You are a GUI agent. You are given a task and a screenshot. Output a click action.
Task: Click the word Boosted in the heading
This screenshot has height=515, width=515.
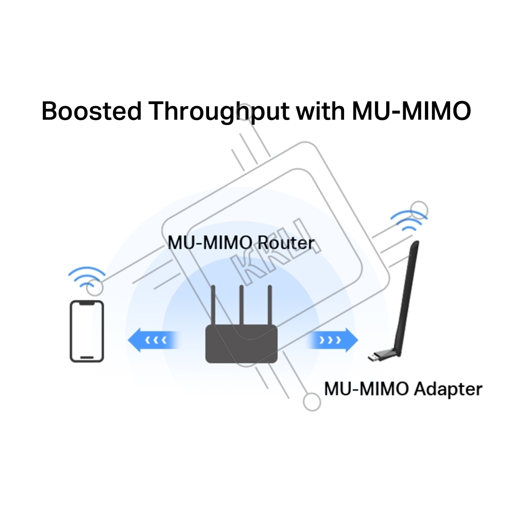tap(92, 111)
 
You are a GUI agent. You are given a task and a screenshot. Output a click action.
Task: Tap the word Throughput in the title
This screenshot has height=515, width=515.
tap(219, 112)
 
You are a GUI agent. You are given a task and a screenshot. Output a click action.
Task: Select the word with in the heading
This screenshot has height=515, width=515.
tap(320, 111)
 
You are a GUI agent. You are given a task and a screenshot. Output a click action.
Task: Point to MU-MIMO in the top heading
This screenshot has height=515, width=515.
tap(411, 111)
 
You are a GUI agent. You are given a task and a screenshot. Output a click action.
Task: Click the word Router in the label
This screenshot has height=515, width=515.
tap(286, 243)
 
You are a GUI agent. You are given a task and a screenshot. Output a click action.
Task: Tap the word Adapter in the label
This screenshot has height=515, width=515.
tap(448, 389)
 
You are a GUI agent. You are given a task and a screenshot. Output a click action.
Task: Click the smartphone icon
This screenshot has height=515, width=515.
tap(87, 331)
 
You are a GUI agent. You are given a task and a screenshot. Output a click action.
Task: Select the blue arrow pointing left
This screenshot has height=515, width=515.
tap(153, 340)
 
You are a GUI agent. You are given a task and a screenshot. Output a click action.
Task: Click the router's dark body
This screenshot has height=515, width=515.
tap(242, 344)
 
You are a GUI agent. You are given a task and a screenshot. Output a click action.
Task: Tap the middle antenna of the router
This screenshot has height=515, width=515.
tap(242, 305)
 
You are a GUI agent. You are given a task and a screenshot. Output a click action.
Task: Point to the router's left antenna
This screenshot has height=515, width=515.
tap(213, 305)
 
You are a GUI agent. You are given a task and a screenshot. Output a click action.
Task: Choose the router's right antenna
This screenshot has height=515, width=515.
tap(270, 305)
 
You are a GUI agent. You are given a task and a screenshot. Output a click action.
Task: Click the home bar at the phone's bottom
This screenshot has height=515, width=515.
tap(87, 357)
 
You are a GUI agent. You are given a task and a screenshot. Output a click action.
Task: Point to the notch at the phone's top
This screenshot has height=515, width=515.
tap(87, 304)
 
